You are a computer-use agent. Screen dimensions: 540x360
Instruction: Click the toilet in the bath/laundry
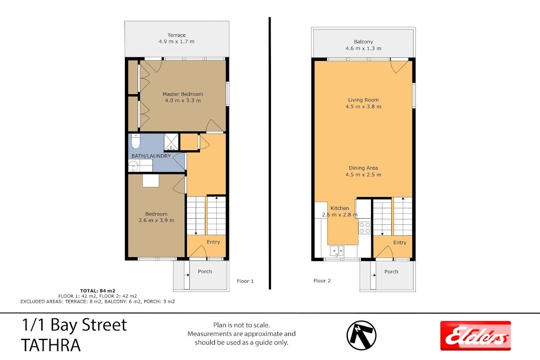point(136,141)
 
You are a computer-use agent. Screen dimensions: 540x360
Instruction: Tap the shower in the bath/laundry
point(171,142)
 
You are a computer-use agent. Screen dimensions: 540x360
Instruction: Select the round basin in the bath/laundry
point(133,166)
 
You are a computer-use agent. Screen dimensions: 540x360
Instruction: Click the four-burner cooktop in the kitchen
point(365,228)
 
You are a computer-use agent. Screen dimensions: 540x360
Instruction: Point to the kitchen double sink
point(337,251)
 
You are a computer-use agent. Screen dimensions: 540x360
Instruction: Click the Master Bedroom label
point(183,94)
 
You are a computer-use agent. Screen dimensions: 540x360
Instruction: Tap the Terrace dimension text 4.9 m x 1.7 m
point(177,42)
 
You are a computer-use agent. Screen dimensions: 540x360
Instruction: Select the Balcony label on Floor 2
point(363,42)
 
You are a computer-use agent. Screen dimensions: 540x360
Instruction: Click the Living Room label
point(363,100)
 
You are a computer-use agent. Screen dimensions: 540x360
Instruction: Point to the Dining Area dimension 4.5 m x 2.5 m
point(363,175)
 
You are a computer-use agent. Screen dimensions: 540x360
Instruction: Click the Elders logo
point(476,336)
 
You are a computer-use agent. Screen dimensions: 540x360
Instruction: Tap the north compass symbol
point(361,335)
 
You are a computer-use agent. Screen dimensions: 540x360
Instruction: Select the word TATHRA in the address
point(51,345)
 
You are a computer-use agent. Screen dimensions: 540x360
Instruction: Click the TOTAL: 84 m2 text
point(98,291)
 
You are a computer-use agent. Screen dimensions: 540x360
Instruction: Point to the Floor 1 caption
point(245,281)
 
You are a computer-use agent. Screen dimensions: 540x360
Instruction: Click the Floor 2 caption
point(322,281)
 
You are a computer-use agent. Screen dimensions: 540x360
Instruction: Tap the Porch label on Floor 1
point(205,272)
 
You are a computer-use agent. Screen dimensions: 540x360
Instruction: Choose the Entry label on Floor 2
point(400,243)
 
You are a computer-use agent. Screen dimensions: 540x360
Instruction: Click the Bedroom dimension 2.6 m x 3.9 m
point(156,220)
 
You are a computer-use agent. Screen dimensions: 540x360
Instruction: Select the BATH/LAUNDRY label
point(151,156)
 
